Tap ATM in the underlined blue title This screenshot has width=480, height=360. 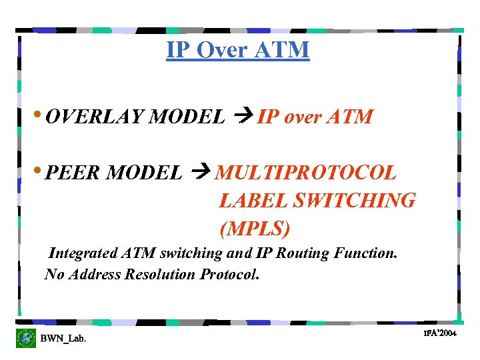click(x=283, y=50)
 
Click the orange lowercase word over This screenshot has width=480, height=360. click(x=306, y=117)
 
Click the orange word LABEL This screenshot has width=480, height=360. click(x=252, y=200)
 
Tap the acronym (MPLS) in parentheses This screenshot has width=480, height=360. click(x=255, y=228)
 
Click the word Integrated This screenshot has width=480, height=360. click(x=84, y=253)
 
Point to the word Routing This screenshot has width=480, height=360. click(x=301, y=253)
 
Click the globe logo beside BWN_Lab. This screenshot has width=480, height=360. click(x=26, y=338)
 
